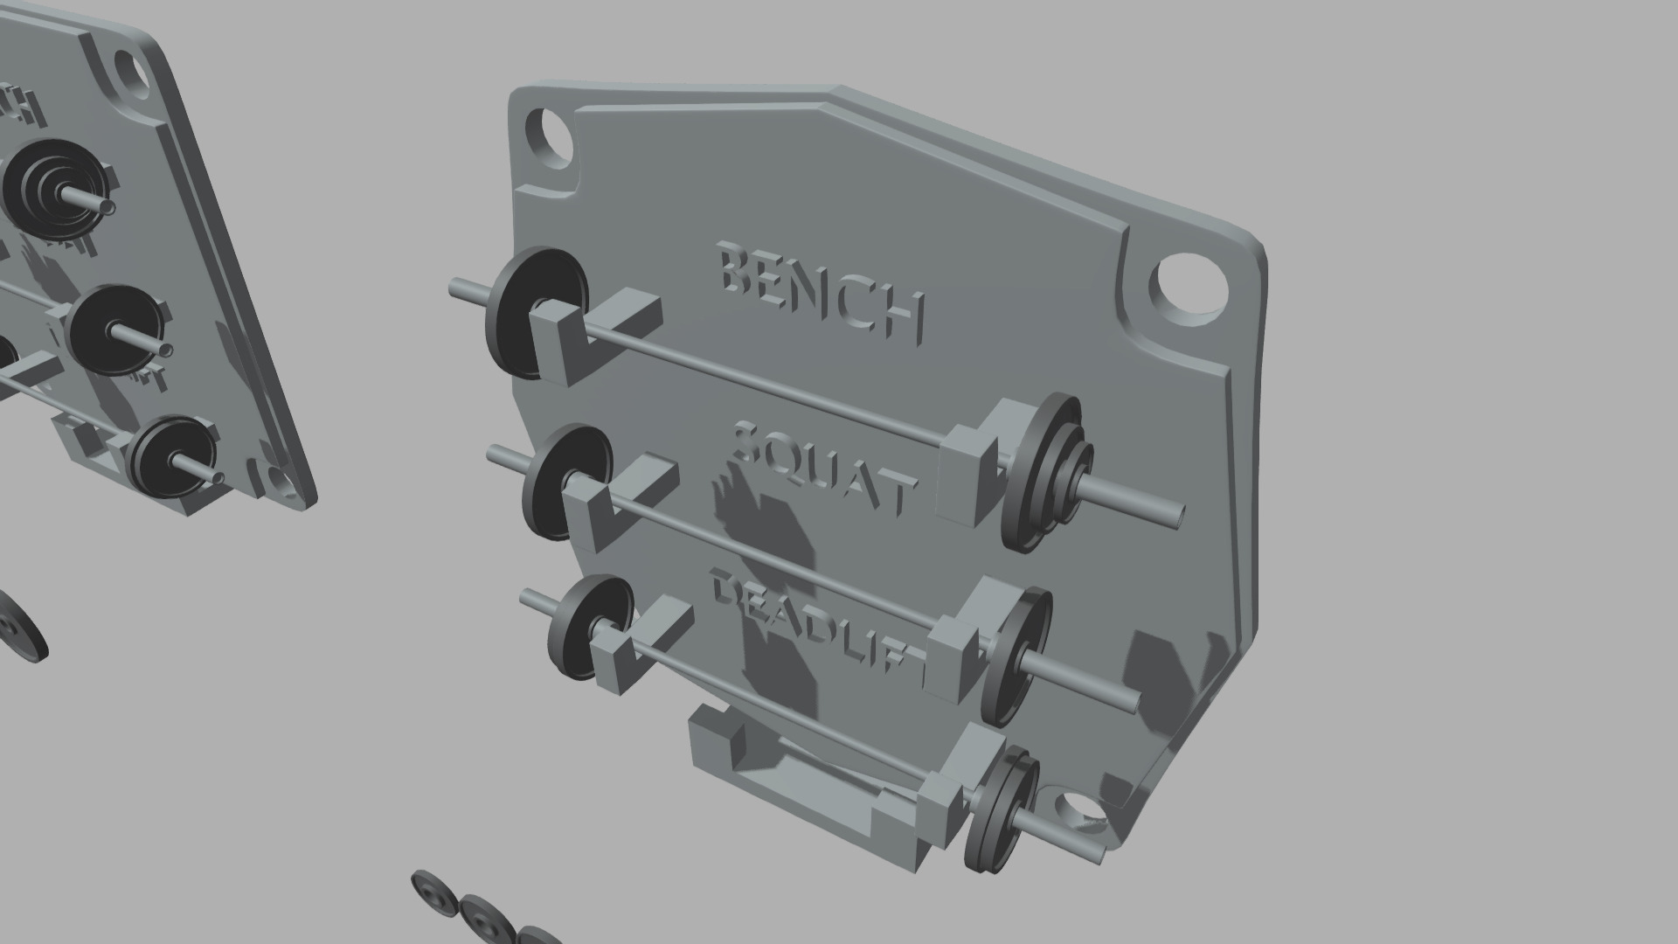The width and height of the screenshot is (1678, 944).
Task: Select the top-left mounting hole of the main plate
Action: point(550,140)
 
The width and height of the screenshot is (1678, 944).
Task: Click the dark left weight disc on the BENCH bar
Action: point(524,315)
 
